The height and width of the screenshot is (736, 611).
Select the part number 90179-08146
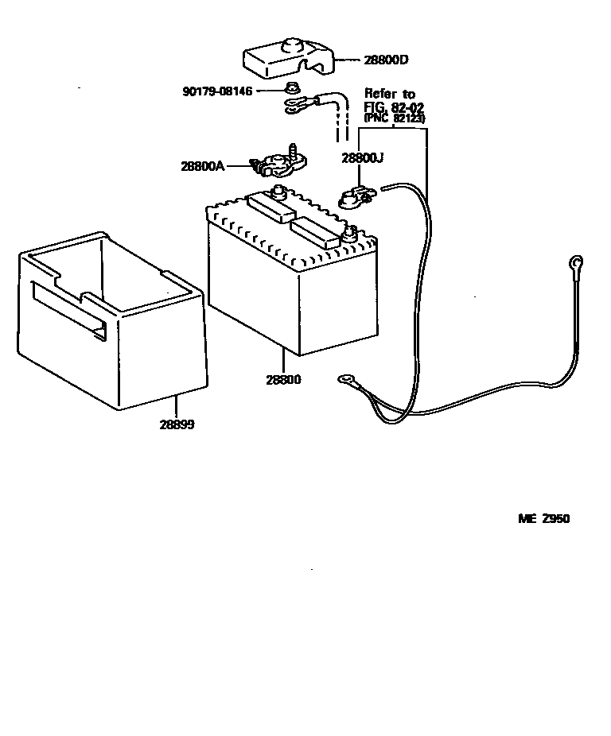[217, 91]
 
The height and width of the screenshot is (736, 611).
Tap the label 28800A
[203, 166]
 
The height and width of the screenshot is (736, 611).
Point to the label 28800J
[363, 157]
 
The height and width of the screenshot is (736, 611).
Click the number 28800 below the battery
[284, 379]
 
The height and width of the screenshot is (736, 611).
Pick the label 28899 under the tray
[177, 424]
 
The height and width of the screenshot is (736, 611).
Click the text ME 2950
[544, 519]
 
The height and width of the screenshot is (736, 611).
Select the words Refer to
[390, 94]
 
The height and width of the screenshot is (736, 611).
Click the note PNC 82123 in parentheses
[395, 118]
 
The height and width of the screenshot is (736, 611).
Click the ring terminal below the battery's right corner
[347, 380]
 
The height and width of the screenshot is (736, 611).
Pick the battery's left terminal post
[279, 192]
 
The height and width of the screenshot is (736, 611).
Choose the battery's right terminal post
[348, 234]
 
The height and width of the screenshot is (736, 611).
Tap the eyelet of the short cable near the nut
[294, 103]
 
